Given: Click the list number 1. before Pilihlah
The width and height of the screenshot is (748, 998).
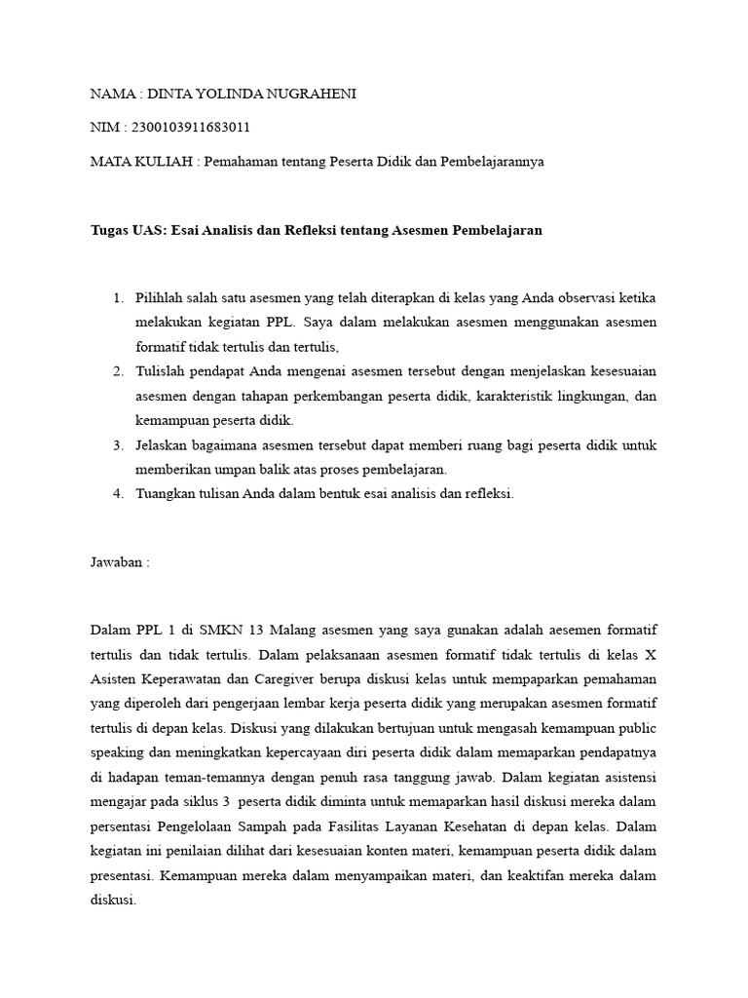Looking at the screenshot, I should coord(119,297).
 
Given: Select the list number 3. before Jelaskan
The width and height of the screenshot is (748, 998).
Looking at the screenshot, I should coord(118,445).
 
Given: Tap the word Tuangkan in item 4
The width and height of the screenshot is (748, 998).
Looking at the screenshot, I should coord(167,493).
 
